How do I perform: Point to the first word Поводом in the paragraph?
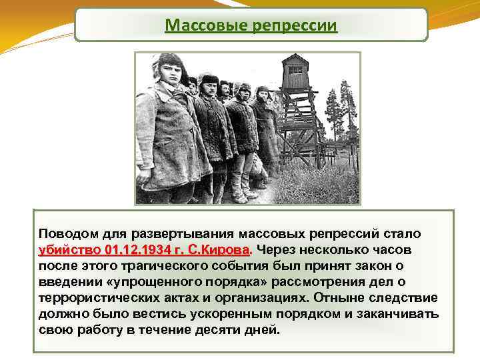(67, 235)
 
